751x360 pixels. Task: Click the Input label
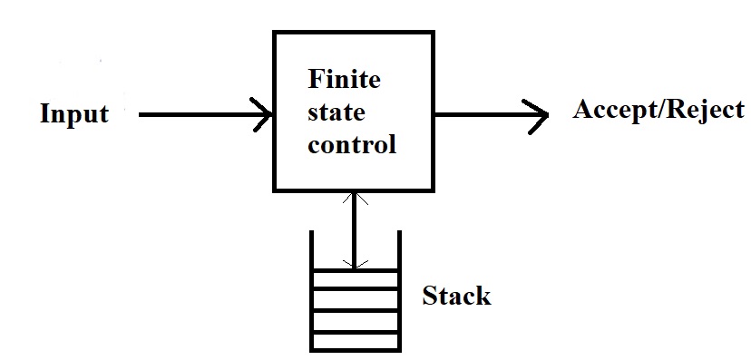[x=74, y=114]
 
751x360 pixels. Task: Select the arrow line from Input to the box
[x=200, y=115]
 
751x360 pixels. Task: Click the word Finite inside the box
[x=345, y=80]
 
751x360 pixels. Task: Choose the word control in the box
[x=352, y=145]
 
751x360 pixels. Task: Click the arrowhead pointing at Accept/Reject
[x=541, y=115]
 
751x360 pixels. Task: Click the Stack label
[x=456, y=296]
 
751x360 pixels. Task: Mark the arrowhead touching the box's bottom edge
[x=355, y=196]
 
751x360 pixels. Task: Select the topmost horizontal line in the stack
[x=355, y=269]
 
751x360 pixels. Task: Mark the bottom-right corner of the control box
[x=433, y=190]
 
